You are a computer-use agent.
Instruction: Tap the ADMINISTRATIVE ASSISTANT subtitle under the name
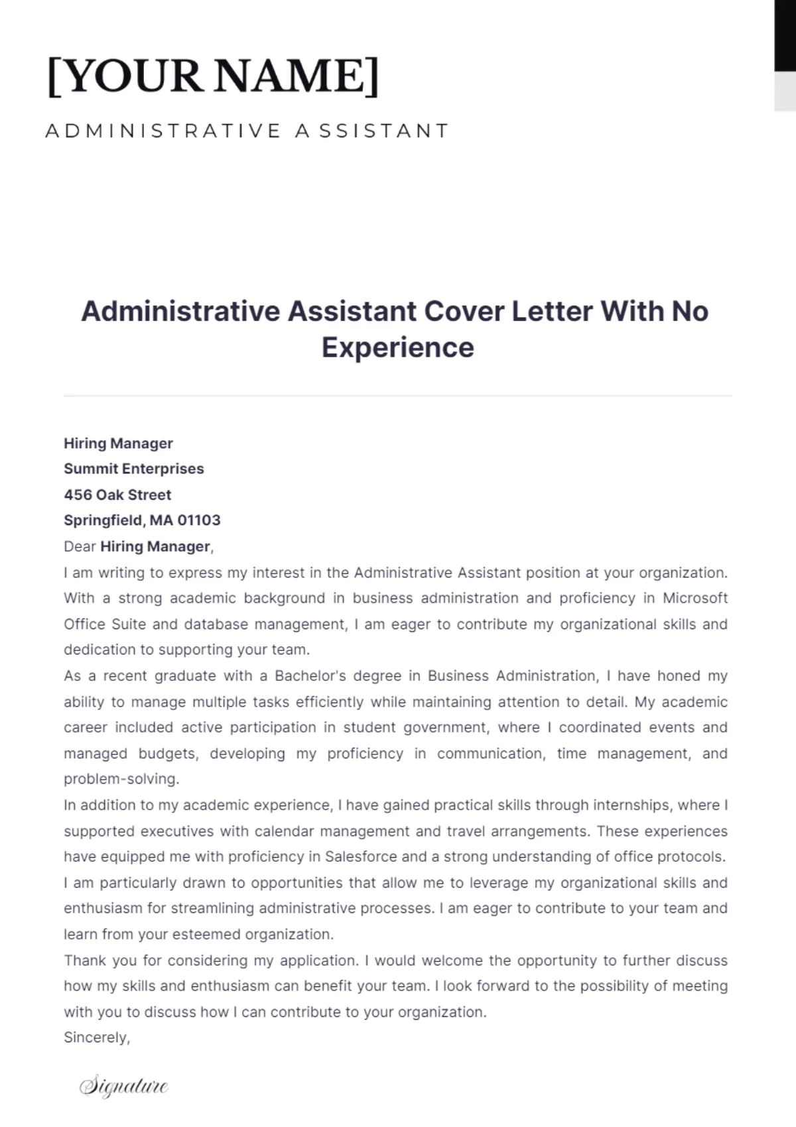click(247, 131)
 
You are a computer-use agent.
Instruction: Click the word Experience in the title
click(397, 347)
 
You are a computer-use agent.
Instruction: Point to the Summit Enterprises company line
click(133, 469)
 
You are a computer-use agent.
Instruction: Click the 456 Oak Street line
click(117, 495)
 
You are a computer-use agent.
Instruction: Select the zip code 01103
click(198, 520)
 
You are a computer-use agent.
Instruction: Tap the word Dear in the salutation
click(80, 547)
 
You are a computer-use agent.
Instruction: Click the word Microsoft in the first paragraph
click(695, 598)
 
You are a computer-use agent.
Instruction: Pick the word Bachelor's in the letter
click(310, 676)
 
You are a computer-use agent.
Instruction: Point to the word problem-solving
click(121, 779)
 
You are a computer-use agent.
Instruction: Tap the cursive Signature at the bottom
click(124, 1086)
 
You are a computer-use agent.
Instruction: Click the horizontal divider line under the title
click(398, 396)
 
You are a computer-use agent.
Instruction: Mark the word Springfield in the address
click(103, 520)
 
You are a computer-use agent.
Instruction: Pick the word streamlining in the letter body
click(212, 909)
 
